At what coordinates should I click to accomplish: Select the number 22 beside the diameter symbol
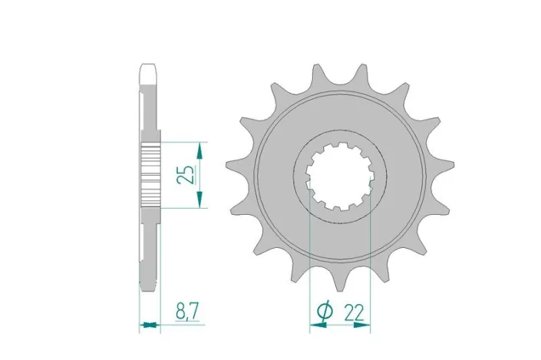point(354,312)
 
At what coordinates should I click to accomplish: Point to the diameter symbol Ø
point(324,312)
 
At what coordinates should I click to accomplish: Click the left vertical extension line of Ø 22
point(309,261)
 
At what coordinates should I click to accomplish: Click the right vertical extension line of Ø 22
point(371,261)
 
